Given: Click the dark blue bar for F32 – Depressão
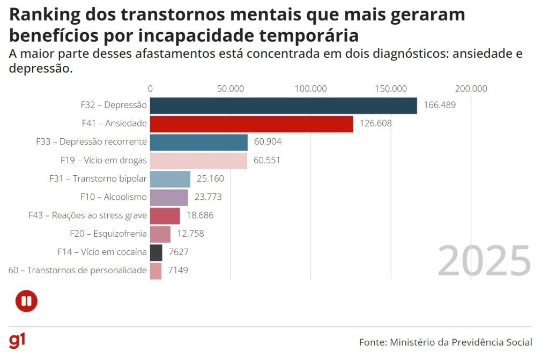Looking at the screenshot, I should [x=283, y=106].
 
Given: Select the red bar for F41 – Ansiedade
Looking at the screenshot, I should [x=251, y=124].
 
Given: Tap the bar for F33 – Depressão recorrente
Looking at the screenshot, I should [x=198, y=142].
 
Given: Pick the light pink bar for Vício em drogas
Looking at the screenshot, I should [x=198, y=161].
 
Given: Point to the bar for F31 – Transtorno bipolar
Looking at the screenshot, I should [x=170, y=179].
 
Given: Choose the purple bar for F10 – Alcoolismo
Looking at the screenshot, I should [x=169, y=197].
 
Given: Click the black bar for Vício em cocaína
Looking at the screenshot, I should [x=156, y=252].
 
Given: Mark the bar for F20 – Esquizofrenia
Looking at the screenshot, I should [x=160, y=234].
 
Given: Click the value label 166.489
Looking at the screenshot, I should [x=439, y=105].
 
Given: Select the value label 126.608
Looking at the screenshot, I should [x=375, y=123].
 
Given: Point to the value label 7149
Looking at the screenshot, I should [x=178, y=271].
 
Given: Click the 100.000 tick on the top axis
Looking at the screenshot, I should [x=310, y=88].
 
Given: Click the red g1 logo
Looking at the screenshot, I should [x=17, y=341].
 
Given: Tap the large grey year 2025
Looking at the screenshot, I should [x=484, y=261].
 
